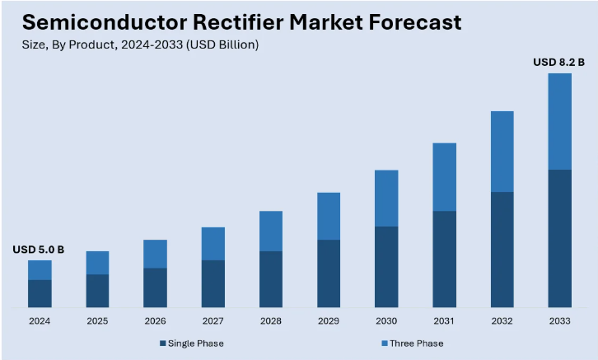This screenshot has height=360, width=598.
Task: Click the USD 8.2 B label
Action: [559, 62]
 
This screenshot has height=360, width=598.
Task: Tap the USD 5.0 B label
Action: [39, 249]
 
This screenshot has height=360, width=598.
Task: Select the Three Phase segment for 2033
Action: [559, 121]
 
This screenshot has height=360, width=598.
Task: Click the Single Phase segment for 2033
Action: [559, 238]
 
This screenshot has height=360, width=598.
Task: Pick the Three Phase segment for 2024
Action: [40, 270]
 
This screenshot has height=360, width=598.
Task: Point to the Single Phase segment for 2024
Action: [40, 293]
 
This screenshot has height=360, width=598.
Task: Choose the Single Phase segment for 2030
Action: [386, 267]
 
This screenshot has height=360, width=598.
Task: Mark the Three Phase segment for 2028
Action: [271, 231]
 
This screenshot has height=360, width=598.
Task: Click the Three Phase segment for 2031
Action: [444, 177]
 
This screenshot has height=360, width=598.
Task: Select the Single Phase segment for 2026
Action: [155, 288]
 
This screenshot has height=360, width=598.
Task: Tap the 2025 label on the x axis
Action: [97, 320]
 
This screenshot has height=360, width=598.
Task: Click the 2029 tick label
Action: [329, 320]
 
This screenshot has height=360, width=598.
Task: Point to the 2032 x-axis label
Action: [502, 320]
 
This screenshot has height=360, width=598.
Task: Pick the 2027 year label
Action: [213, 320]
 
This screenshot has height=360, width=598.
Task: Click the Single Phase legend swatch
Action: [163, 343]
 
